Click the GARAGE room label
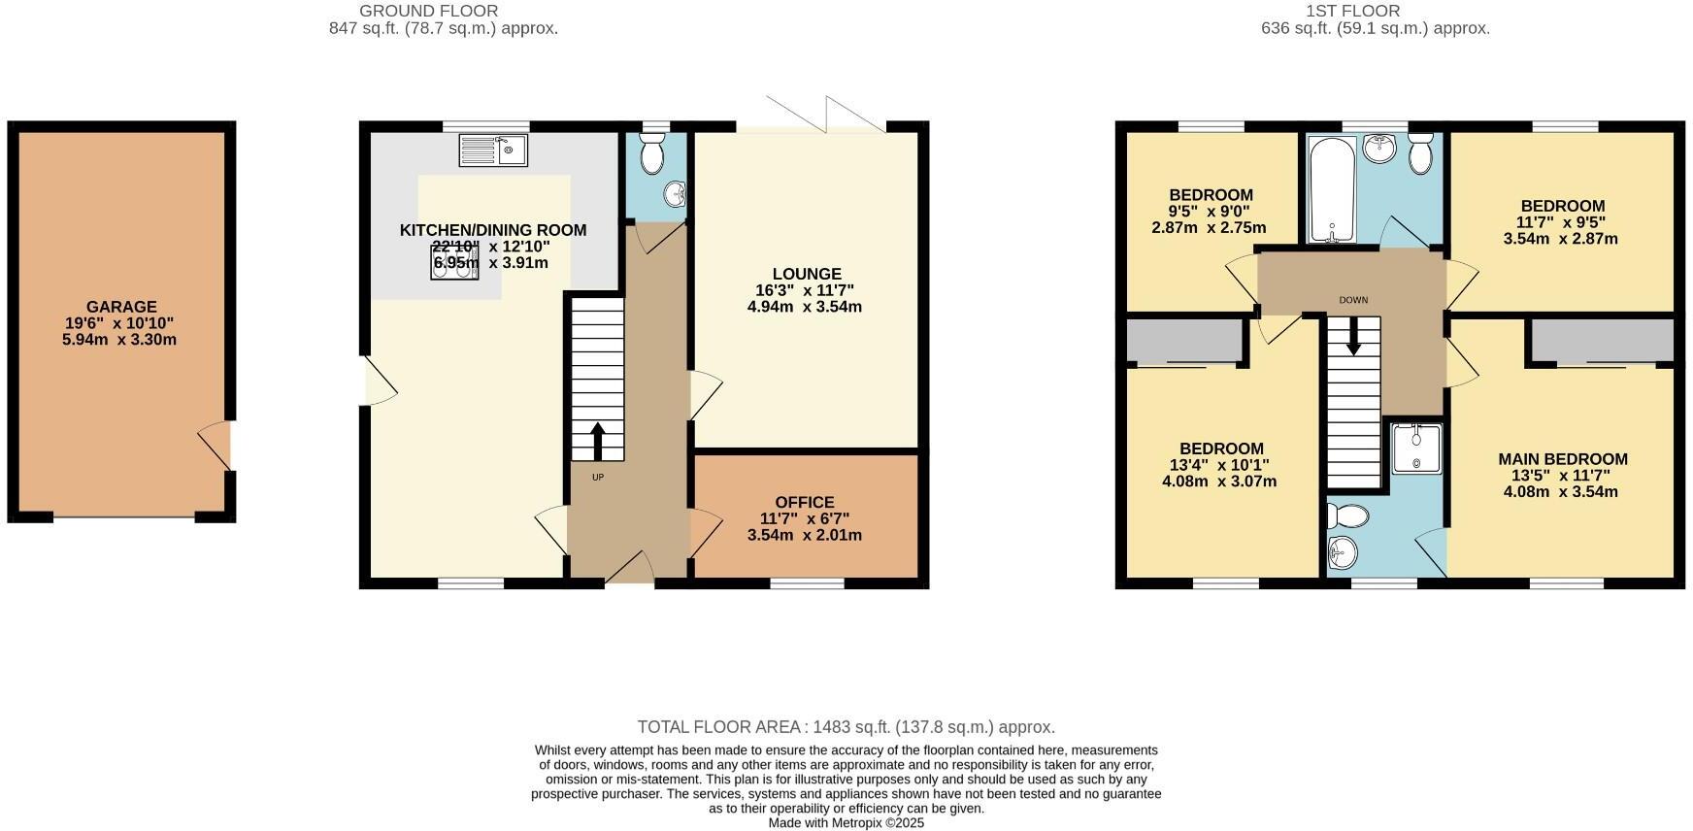[x=120, y=307]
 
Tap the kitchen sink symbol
[x=493, y=150]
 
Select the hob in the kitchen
[x=454, y=262]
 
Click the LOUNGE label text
[x=807, y=275]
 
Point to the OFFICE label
[x=805, y=503]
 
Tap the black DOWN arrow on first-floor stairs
[x=1353, y=337]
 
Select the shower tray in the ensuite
[x=1416, y=448]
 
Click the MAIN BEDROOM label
[x=1562, y=459]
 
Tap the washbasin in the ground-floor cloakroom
[x=675, y=195]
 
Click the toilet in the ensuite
[x=1349, y=514]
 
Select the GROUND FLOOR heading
[x=428, y=12]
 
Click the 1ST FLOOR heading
[x=1352, y=12]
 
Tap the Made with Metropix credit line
[x=846, y=823]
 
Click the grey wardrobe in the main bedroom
[x=1603, y=341]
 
